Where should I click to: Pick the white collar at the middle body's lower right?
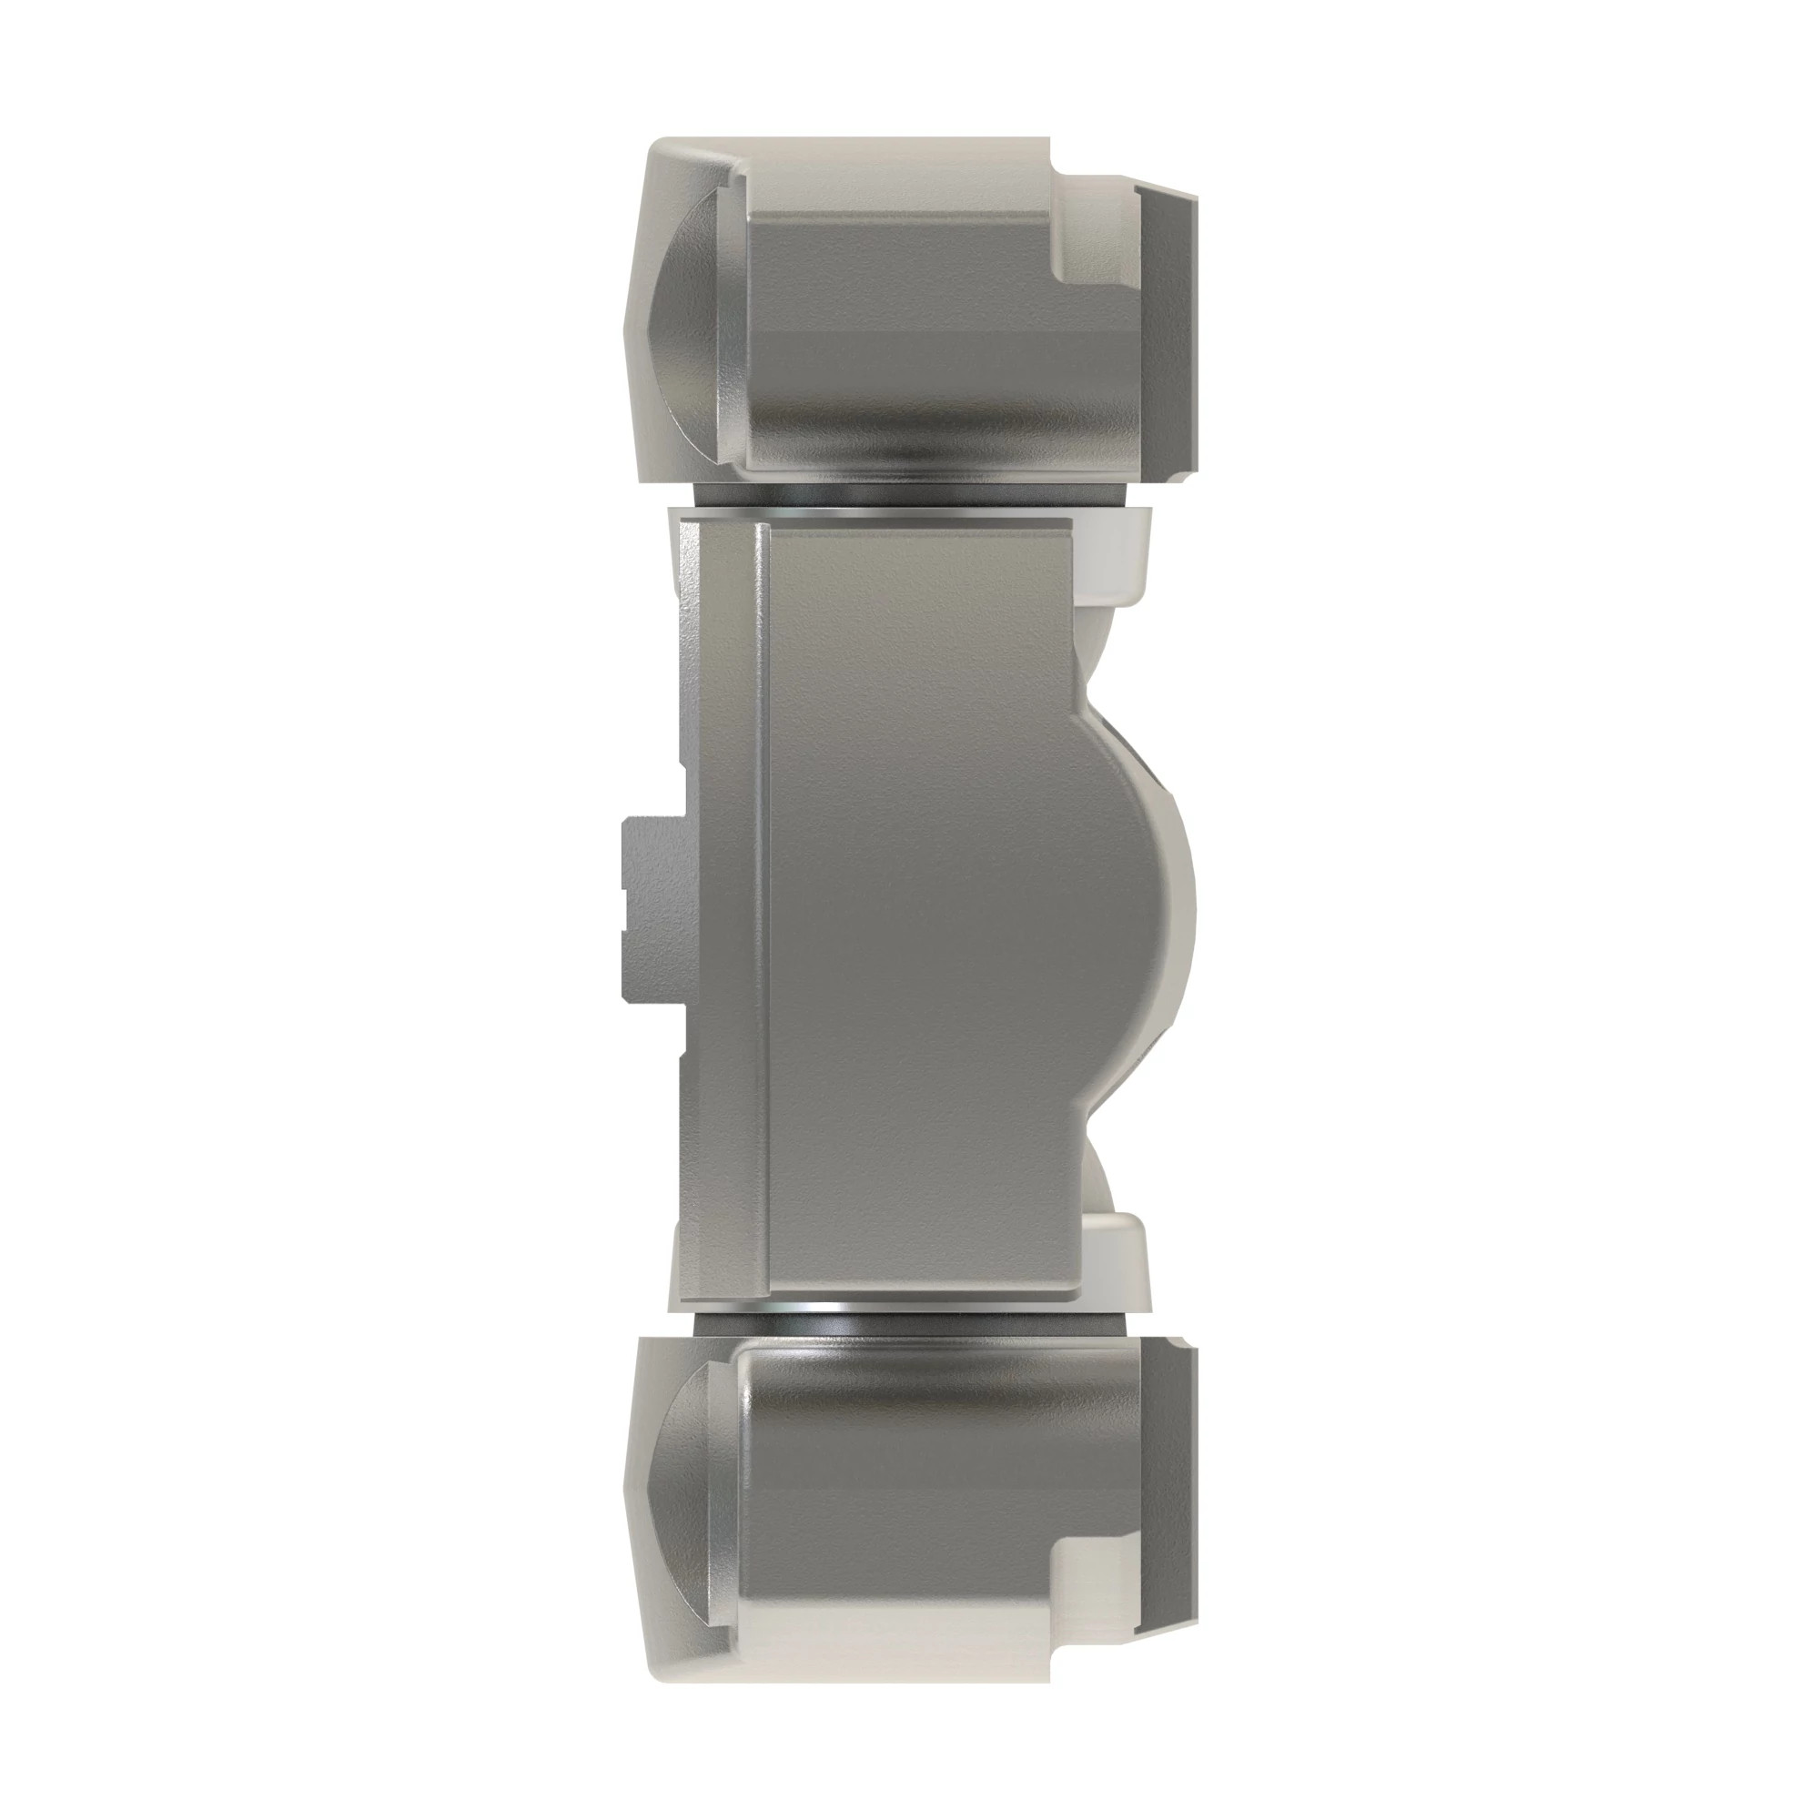tap(1117, 1262)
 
